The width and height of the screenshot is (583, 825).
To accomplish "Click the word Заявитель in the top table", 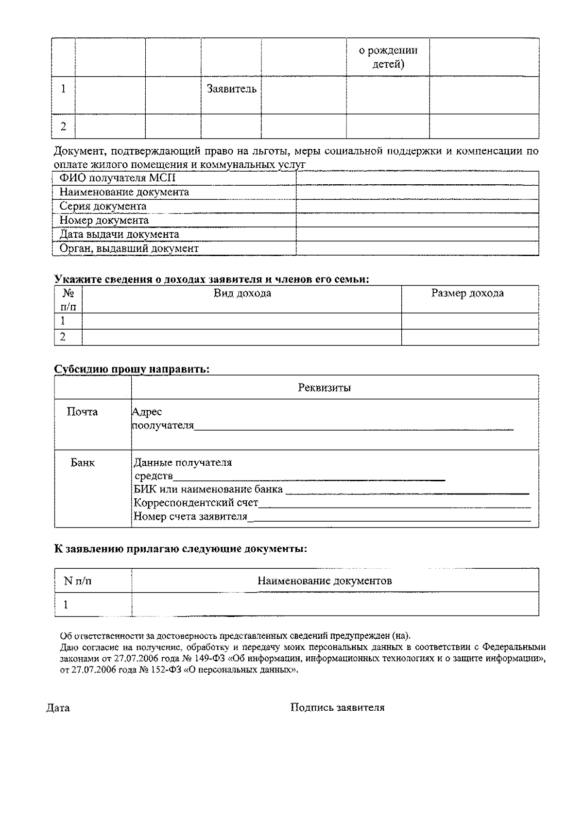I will (x=231, y=89).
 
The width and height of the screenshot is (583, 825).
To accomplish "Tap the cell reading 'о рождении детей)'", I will (x=388, y=57).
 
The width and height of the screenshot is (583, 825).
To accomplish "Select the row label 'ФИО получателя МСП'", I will (x=117, y=178).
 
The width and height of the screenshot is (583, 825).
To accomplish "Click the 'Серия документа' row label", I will (x=103, y=206).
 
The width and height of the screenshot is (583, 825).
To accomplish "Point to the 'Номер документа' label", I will (x=104, y=220).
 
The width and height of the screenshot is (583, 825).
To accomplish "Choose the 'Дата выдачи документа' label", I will (x=119, y=234).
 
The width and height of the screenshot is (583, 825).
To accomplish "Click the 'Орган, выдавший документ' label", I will (x=129, y=248).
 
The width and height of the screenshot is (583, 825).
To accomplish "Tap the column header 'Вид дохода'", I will (x=242, y=293).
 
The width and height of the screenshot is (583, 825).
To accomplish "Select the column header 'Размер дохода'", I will (x=467, y=293).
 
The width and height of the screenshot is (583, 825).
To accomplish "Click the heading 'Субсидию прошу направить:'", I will (x=132, y=369).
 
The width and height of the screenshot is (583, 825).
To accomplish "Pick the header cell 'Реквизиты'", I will (x=324, y=387).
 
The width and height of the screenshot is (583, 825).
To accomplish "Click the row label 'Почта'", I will (x=82, y=412).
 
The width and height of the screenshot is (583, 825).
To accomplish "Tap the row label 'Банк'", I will (x=83, y=462).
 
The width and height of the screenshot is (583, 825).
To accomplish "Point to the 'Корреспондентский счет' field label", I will (x=196, y=503).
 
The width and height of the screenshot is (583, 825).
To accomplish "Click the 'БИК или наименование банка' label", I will (x=208, y=489).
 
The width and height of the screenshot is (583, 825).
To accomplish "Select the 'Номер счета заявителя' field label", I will (x=190, y=516).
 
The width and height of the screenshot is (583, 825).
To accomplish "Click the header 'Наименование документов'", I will (x=324, y=580).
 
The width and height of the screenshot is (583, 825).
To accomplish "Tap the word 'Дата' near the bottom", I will (x=58, y=708).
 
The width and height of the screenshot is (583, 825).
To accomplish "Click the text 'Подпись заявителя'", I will (x=337, y=707).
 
